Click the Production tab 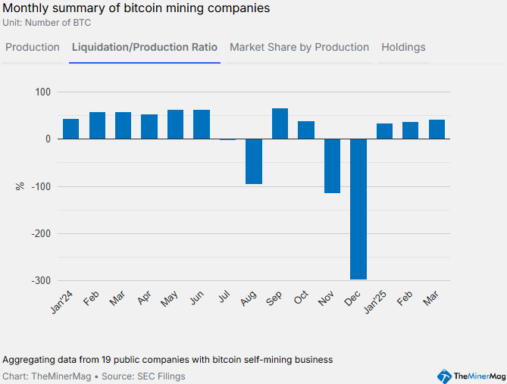[33, 47]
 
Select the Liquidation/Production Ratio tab [145, 47]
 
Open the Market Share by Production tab [299, 47]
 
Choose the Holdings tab [403, 47]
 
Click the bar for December [358, 209]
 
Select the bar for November [332, 166]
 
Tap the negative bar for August [254, 161]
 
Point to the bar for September [280, 123]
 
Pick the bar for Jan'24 [70, 129]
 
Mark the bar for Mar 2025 [437, 130]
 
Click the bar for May [175, 124]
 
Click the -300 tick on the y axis [41, 280]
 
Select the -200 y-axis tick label [41, 233]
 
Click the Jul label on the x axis [224, 298]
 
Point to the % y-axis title [20, 186]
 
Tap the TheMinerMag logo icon [445, 376]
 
